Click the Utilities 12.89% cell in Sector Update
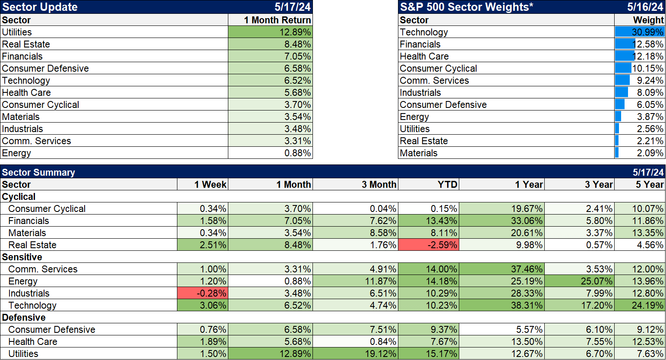pos(270,32)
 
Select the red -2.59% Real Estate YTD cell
pos(428,245)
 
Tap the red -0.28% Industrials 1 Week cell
pos(202,293)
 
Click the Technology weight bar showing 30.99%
pos(639,32)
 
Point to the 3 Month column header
pos(379,184)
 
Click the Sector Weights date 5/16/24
pos(645,7)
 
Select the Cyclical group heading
pos(19,196)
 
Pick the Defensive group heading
pos(24,317)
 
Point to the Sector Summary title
pos(38,172)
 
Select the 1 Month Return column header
pos(277,20)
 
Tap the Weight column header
pos(648,20)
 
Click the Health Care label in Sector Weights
pos(424,56)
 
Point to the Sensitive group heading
pos(22,257)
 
